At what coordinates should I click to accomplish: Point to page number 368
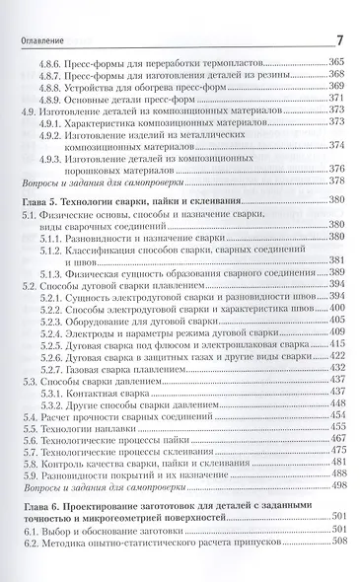click(335, 75)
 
